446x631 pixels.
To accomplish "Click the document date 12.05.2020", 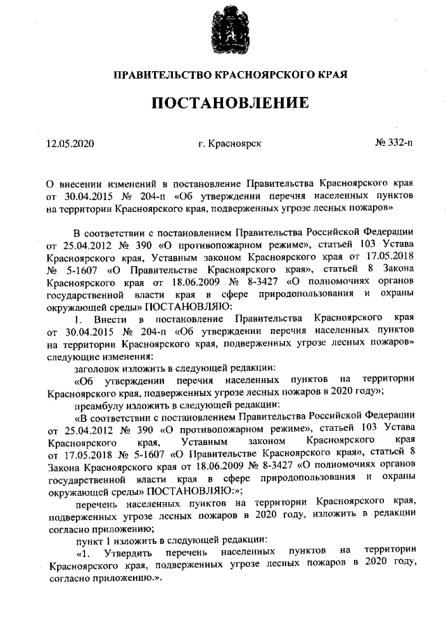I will (70, 144).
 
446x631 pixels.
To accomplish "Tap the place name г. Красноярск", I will (230, 144).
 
